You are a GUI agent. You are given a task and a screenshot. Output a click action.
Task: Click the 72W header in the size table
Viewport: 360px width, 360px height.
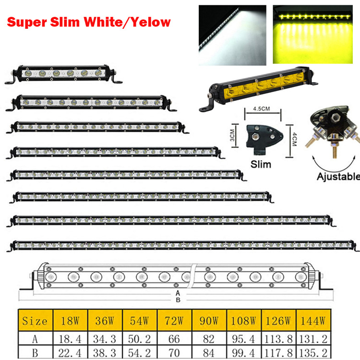click(174, 321)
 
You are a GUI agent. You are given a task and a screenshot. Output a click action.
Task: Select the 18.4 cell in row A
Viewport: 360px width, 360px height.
click(70, 339)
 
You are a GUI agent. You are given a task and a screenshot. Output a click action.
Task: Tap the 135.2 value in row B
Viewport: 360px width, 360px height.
click(313, 353)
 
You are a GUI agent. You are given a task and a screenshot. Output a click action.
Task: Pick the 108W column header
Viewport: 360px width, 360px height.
click(243, 321)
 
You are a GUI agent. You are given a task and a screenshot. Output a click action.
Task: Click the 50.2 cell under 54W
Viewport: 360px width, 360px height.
click(139, 339)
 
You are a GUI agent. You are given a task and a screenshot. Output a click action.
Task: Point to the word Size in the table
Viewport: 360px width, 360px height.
click(35, 321)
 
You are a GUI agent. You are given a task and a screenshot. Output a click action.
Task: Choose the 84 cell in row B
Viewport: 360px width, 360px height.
click(209, 353)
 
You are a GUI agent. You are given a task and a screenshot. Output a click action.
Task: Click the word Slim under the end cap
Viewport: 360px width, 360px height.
click(261, 164)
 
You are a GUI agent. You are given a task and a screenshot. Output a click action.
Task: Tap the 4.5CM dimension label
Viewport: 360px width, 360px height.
click(262, 108)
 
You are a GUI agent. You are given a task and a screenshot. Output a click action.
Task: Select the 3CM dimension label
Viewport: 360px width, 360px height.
click(232, 135)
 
